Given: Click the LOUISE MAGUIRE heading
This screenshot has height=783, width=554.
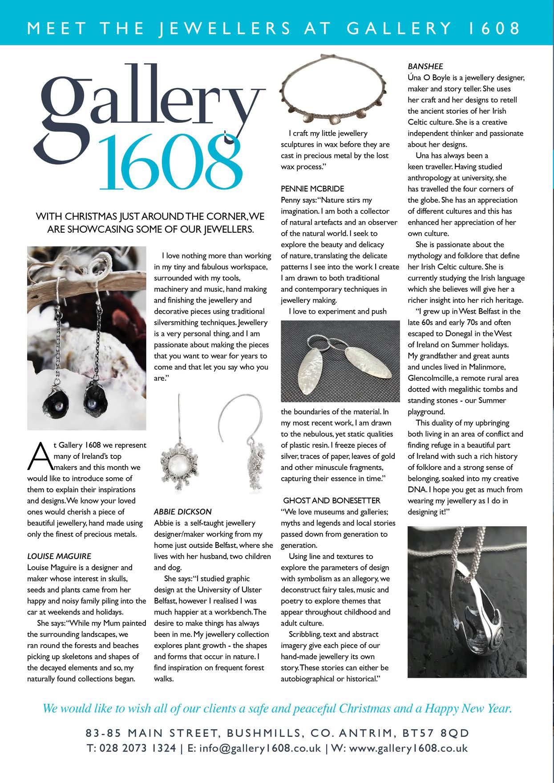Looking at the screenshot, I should (59, 556).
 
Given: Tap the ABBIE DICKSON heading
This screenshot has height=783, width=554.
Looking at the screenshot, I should (183, 511).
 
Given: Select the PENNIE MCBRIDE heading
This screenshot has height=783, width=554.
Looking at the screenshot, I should (312, 189).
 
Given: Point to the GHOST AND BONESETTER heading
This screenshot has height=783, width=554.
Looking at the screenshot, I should (332, 500).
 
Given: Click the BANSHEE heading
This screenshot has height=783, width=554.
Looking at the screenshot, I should (425, 66).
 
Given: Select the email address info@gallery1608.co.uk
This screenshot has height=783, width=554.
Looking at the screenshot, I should (254, 748).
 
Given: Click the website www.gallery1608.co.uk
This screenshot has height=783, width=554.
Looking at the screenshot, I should (408, 748).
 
